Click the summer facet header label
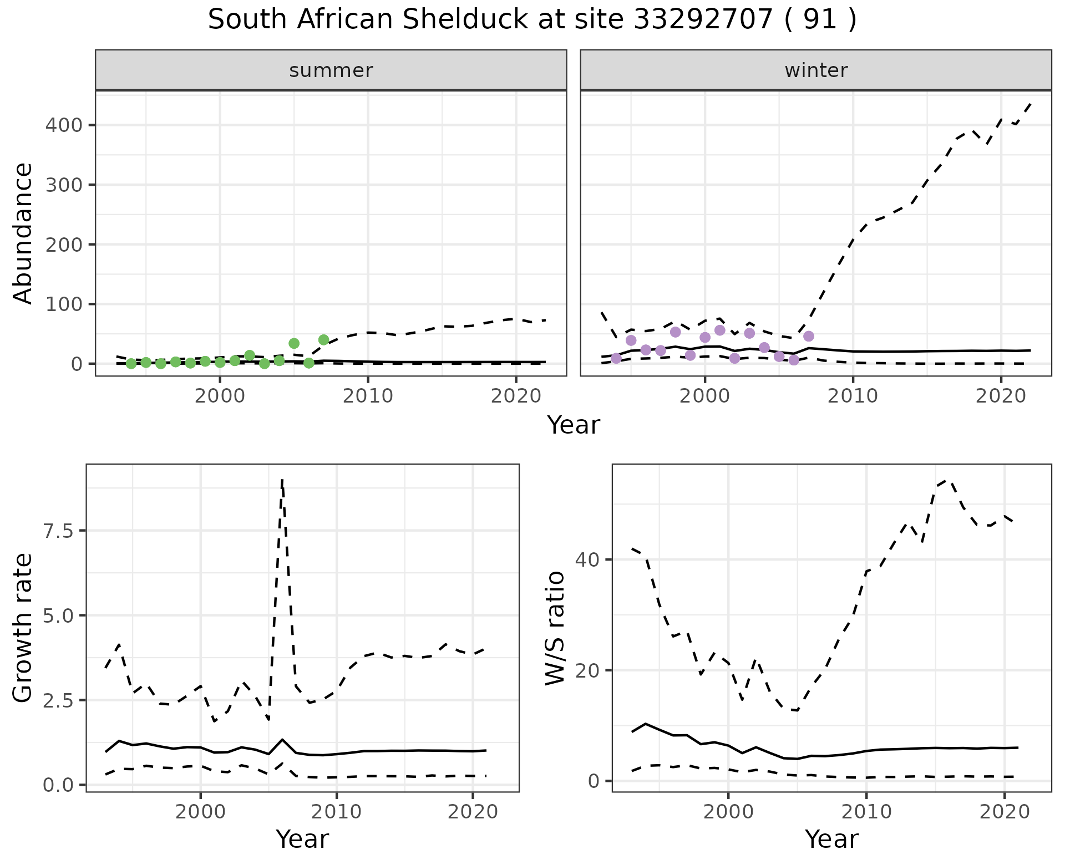coord(331,70)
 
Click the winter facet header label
coord(816,70)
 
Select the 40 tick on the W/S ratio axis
coord(587,559)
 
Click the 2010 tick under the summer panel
coord(368,396)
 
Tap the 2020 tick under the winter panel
coord(1001,396)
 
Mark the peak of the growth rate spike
coord(282,480)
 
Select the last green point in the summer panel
coord(324,340)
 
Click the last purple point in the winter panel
coord(809,336)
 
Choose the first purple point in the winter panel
coord(616,358)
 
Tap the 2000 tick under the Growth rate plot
coord(200,812)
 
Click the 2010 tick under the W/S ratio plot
coord(866,812)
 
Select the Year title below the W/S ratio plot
coord(831,839)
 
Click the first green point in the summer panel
coord(131,364)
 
